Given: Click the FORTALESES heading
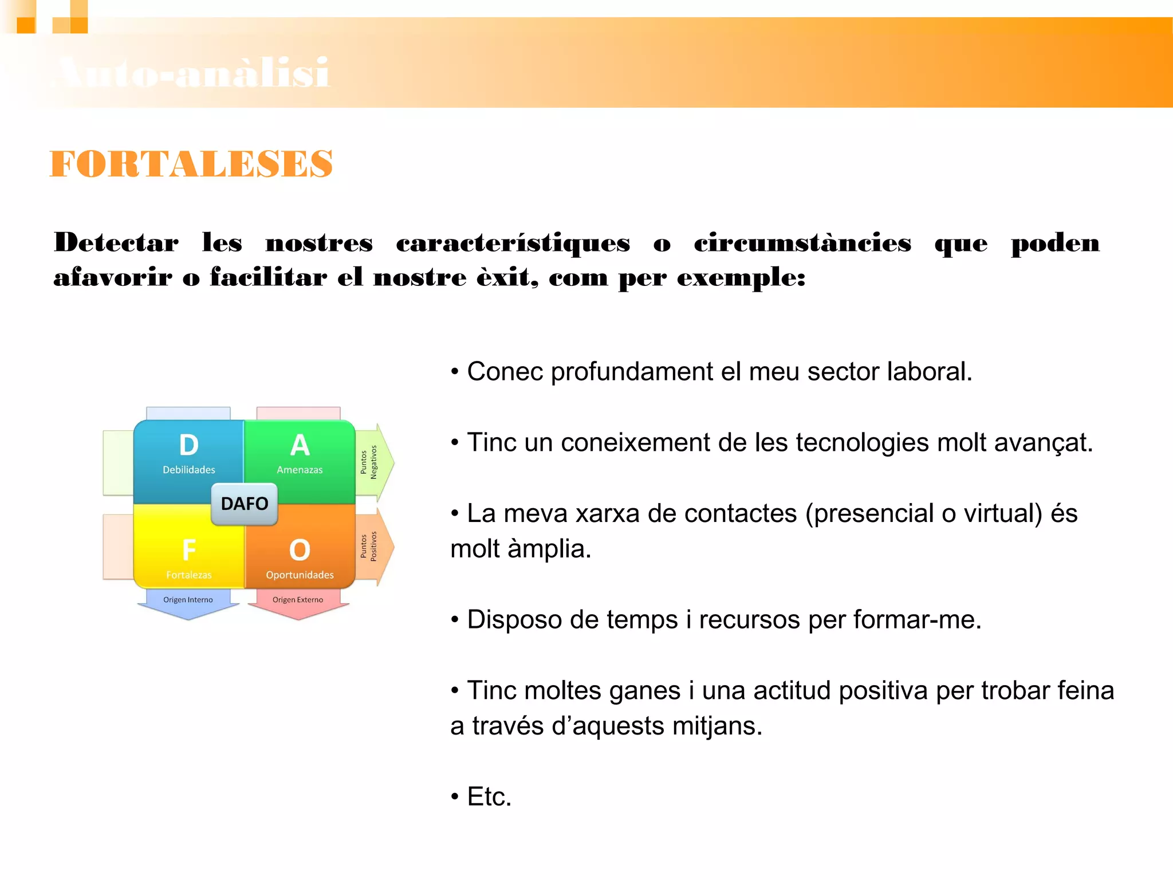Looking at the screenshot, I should coord(191,164).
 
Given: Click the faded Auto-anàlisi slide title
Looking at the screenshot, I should coord(192,73).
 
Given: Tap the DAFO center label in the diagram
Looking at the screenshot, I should coord(245,504).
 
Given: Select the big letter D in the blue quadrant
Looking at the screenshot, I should coord(188,445).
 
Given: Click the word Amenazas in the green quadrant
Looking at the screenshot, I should coord(300,470).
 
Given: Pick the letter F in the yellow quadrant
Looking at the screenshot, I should coord(188,550).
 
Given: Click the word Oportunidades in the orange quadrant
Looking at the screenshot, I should coord(300,575).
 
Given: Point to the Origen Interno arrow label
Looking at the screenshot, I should coord(188,600).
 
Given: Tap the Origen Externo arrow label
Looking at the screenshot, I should coord(298,600).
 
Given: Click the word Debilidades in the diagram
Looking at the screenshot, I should coord(188,470).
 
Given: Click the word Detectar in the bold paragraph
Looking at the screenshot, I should coord(116,243).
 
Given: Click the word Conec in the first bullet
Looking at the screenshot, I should coord(505,372).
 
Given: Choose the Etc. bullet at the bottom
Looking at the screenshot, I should coord(489,797).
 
